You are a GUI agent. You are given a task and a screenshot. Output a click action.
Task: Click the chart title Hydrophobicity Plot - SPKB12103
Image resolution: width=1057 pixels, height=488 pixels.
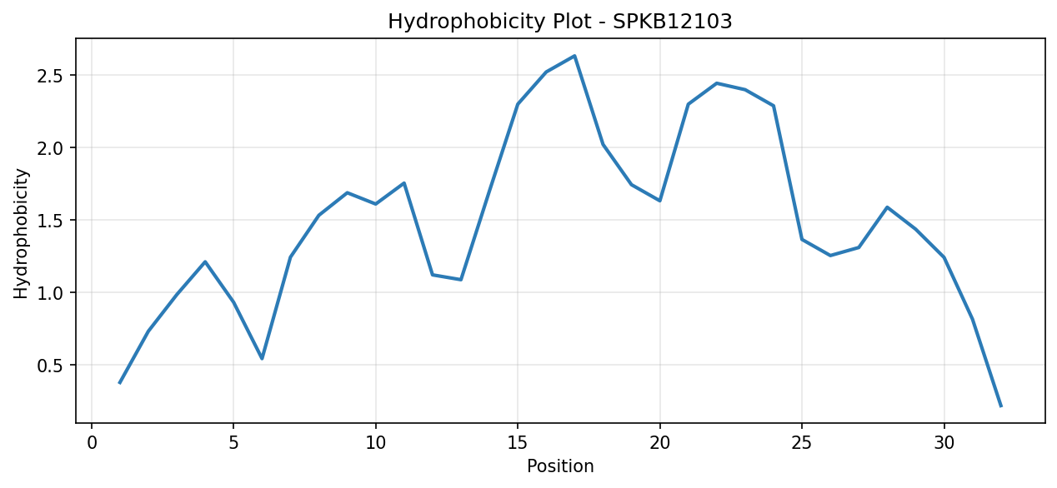[559, 22]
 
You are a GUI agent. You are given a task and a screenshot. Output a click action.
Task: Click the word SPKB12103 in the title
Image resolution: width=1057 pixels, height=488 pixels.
[673, 22]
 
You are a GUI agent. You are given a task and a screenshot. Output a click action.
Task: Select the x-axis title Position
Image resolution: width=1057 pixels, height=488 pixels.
[560, 466]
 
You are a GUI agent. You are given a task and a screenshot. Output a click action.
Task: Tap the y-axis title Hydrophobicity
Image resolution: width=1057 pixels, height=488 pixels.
[21, 233]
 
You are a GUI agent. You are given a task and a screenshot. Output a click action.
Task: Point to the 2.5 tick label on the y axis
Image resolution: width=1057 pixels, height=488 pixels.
[51, 76]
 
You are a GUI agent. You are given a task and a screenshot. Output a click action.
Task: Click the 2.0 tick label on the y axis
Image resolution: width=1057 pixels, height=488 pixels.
[51, 147]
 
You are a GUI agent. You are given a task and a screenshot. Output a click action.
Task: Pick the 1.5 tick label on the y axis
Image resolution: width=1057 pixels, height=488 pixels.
[51, 220]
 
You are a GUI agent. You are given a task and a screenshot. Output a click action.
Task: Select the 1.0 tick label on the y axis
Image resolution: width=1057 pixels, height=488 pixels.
[51, 292]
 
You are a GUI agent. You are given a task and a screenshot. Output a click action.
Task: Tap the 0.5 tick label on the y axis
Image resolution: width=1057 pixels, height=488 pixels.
[51, 365]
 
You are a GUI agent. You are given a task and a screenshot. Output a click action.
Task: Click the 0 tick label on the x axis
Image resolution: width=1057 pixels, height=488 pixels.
[92, 443]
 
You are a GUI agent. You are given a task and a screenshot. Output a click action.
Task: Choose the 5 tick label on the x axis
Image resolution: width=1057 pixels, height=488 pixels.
[233, 443]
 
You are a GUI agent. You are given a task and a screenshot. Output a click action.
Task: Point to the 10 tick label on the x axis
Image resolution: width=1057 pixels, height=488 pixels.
[376, 443]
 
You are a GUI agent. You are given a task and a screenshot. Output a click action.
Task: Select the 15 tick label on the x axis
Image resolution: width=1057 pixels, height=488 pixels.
[518, 443]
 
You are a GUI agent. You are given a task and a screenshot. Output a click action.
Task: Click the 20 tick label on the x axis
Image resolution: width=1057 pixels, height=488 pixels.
[659, 443]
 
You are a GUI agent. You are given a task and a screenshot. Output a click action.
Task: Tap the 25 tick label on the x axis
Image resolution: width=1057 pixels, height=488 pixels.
[802, 443]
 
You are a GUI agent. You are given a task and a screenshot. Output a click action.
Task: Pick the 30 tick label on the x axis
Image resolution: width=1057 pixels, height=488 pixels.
[944, 443]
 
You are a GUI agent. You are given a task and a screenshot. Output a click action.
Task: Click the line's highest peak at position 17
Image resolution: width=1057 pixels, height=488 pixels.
[574, 56]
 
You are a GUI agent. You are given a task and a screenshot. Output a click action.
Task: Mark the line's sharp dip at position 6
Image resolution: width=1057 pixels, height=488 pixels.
[262, 359]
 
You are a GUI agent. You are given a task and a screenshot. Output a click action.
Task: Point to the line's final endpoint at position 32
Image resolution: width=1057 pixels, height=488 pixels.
[1000, 406]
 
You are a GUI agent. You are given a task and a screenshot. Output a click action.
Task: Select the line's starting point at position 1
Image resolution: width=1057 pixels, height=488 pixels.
[120, 383]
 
